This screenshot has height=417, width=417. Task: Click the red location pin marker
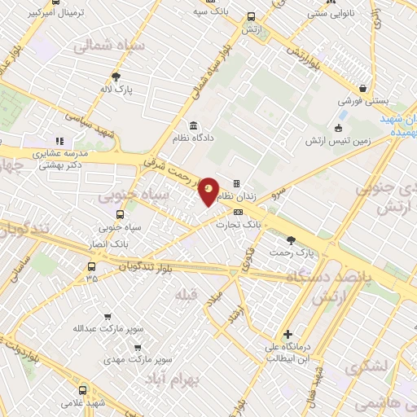click(208, 191)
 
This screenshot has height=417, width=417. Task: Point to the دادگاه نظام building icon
click(193, 125)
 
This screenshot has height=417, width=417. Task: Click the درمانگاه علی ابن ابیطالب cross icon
click(288, 334)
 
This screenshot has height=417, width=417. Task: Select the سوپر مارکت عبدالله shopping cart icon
click(108, 317)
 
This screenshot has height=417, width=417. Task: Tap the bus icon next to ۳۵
click(91, 266)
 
